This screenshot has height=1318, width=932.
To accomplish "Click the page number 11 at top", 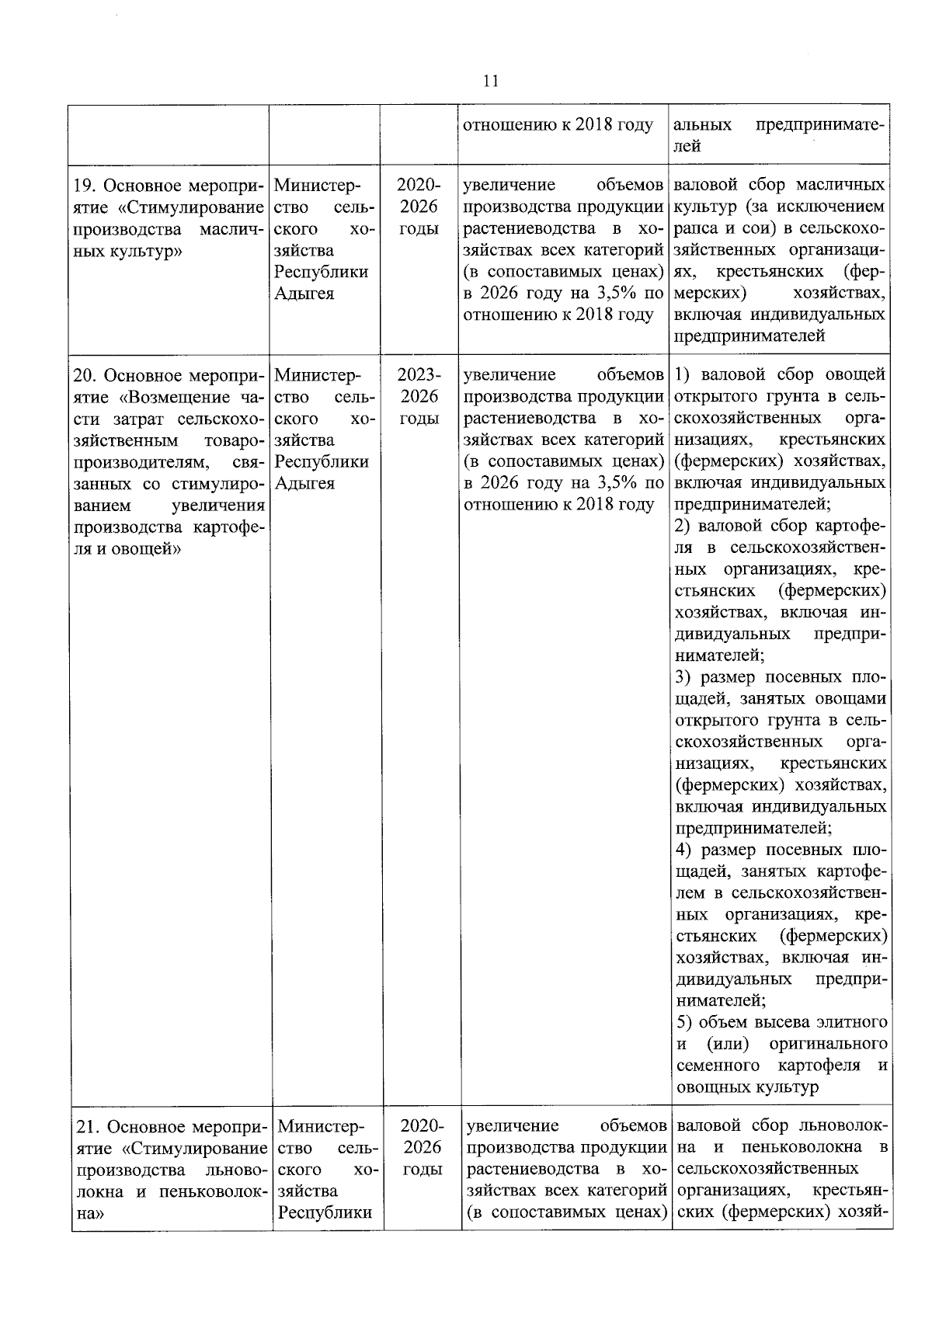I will point(490,82).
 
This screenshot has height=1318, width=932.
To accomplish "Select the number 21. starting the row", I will point(87,1127).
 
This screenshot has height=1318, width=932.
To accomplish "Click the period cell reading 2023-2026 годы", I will point(419,397).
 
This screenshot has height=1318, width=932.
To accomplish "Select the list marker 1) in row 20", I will point(683,376).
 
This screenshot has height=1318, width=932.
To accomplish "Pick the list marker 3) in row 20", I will point(683,677).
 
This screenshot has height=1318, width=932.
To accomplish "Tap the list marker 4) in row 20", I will point(683,850).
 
